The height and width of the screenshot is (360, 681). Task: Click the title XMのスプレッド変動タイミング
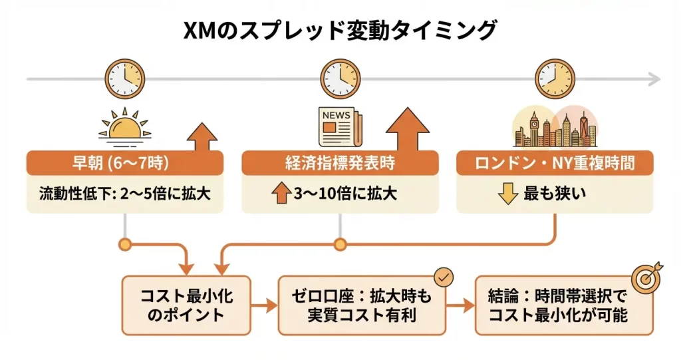pyautogui.click(x=340, y=30)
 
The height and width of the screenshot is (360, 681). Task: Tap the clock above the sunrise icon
pyautogui.click(x=125, y=78)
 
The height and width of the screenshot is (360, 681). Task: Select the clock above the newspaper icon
pyautogui.click(x=340, y=78)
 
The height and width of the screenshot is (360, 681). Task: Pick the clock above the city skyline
pyautogui.click(x=555, y=78)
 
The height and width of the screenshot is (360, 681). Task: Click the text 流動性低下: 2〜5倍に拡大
pyautogui.click(x=125, y=194)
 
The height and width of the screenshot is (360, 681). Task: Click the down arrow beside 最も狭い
pyautogui.click(x=507, y=194)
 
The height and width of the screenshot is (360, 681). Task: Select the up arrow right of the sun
pyautogui.click(x=202, y=136)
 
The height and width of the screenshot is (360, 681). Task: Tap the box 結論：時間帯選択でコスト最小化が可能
pyautogui.click(x=557, y=305)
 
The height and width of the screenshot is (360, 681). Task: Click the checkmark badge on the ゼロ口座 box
pyautogui.click(x=442, y=277)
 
